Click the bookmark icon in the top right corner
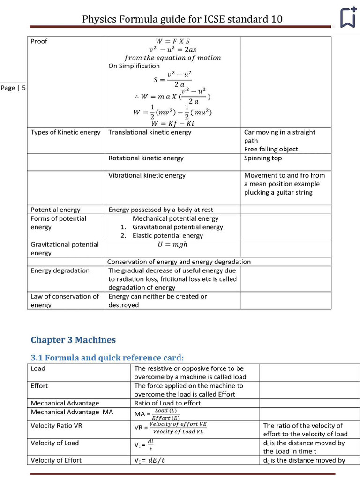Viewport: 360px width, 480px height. pos(348,18)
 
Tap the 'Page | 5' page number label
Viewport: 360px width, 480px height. pos(13,88)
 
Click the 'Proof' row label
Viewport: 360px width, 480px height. pos(39,41)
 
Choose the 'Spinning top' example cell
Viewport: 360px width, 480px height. pos(263,158)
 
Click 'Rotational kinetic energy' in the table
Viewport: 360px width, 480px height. pos(146,158)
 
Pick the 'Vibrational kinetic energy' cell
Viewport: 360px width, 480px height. pos(147,175)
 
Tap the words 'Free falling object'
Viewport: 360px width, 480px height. pos(271,149)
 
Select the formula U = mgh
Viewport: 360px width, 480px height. pos(172,244)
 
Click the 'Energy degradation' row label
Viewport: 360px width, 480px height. pos(60,270)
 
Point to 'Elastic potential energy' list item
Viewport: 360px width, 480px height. pos(167,236)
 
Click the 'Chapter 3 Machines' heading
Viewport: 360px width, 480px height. pos(73,340)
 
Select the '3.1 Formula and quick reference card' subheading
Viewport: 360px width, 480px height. pos(107,358)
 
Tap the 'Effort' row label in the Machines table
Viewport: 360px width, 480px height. pos(39,386)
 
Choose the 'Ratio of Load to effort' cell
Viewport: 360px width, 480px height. pos(167,403)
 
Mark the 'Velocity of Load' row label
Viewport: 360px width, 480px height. pos(54,443)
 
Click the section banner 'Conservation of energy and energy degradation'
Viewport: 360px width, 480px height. pos(179,262)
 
